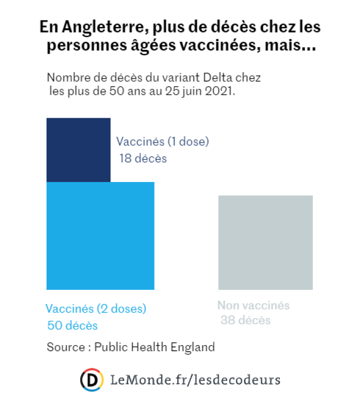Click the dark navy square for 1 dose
pos(79,150)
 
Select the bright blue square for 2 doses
pos(100,236)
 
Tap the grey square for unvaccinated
pos(265,242)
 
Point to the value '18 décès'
pos(143,159)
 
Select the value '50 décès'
pos(73,326)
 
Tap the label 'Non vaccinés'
pos(253,305)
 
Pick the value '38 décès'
pos(246,320)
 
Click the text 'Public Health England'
pos(155,347)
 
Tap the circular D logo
pos(92,379)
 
